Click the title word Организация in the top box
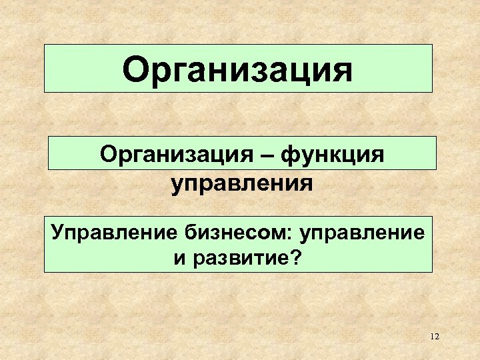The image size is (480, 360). (x=238, y=70)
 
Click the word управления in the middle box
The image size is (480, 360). (x=241, y=181)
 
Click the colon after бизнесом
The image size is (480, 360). (x=296, y=235)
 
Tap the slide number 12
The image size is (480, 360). (x=435, y=337)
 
